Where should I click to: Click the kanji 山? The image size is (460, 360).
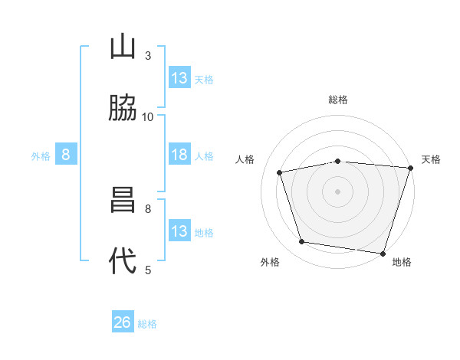click(x=123, y=47)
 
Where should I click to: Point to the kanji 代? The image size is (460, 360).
click(x=123, y=261)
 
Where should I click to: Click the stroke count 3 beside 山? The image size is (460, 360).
click(x=148, y=55)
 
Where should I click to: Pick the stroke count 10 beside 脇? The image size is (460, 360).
click(x=148, y=116)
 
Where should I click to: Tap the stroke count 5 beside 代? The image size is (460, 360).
click(x=148, y=270)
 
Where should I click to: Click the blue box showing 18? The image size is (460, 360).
click(x=179, y=155)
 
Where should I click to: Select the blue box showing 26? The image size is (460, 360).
click(x=123, y=322)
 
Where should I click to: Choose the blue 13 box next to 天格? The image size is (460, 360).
click(x=179, y=78)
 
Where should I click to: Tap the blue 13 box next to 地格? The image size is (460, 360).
click(x=179, y=231)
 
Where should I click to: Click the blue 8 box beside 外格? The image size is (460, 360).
click(x=66, y=155)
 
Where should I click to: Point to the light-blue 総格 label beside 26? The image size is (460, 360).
click(x=147, y=324)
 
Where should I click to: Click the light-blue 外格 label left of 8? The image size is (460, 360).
click(x=41, y=156)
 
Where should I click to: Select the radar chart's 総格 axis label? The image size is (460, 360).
click(x=337, y=100)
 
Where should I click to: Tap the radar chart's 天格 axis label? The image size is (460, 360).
click(x=431, y=159)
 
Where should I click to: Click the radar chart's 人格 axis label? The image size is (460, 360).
click(x=245, y=159)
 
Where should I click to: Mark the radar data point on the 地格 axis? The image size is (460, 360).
click(x=383, y=253)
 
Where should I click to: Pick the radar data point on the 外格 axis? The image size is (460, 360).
click(x=302, y=242)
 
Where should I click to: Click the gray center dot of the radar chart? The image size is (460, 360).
click(x=337, y=191)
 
